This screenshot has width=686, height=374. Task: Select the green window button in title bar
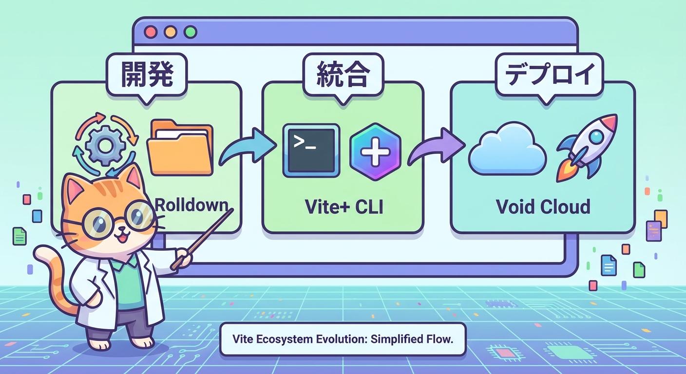190,32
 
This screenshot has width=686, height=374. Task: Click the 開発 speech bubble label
147,76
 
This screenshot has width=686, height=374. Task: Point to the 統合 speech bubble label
342,76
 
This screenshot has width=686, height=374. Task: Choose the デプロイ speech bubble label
550,76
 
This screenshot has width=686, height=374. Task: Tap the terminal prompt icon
311,150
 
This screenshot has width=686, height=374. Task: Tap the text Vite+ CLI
343,206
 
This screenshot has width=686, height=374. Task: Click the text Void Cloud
543,206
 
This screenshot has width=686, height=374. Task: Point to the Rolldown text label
191,204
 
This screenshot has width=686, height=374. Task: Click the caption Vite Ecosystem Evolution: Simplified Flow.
343,338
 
